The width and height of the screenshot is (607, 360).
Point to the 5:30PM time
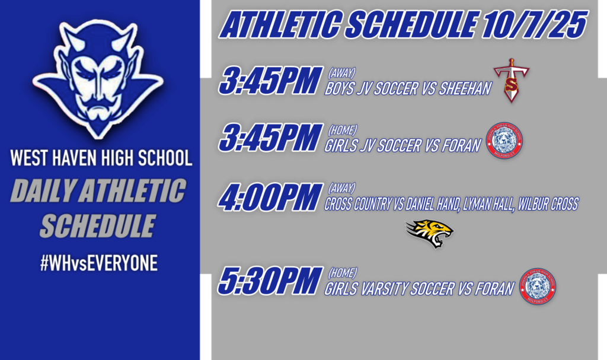coord(267,282)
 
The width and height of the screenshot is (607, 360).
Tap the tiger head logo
coord(430,233)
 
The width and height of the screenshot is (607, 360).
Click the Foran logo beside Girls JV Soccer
coord(504,139)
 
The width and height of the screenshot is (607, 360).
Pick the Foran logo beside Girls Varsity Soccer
coord(537,286)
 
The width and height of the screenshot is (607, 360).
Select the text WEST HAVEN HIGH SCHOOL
coord(101,158)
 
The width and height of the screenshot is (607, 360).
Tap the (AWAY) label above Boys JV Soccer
coord(341,74)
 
